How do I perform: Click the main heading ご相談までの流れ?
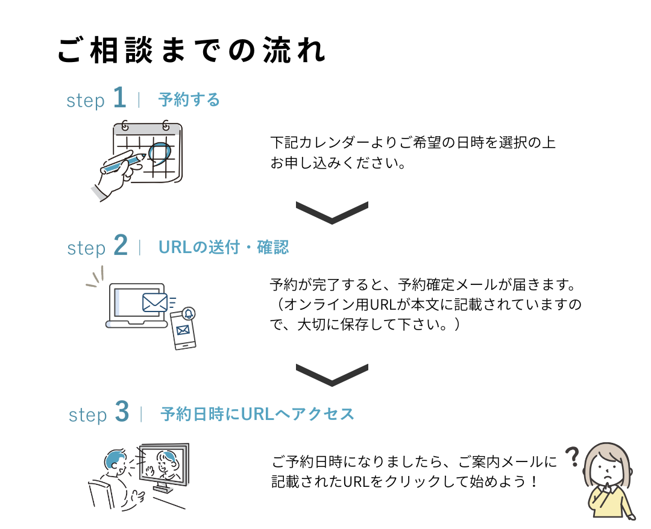click(192, 51)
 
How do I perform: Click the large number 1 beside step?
click(120, 98)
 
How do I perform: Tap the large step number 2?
click(121, 246)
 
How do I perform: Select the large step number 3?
click(122, 413)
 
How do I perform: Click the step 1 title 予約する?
click(189, 99)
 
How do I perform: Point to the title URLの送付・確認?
click(224, 247)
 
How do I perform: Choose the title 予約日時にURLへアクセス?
click(257, 414)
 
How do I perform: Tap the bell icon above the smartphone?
click(189, 312)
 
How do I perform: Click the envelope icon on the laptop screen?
click(154, 301)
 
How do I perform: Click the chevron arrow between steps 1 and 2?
click(332, 212)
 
